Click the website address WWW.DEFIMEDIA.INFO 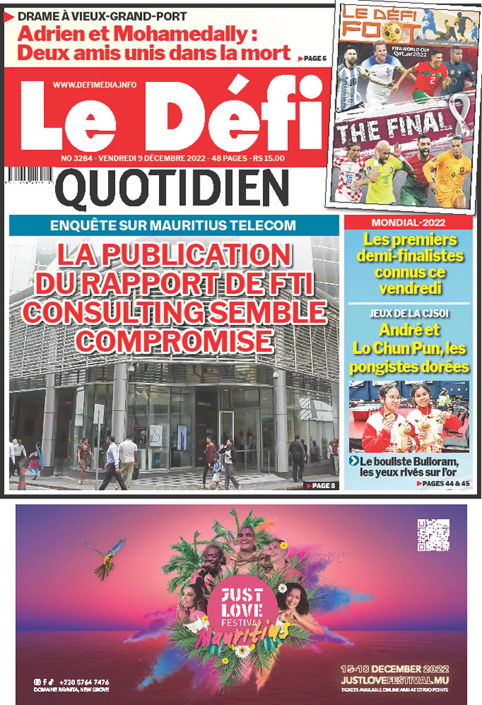pyautogui.click(x=94, y=85)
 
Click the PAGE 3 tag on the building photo pyautogui.click(x=320, y=485)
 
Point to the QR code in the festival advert pyautogui.click(x=433, y=536)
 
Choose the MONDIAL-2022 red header pyautogui.click(x=408, y=223)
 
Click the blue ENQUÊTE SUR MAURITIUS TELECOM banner pyautogui.click(x=173, y=225)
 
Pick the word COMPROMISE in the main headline pyautogui.click(x=174, y=340)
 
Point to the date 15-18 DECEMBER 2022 pyautogui.click(x=395, y=669)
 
